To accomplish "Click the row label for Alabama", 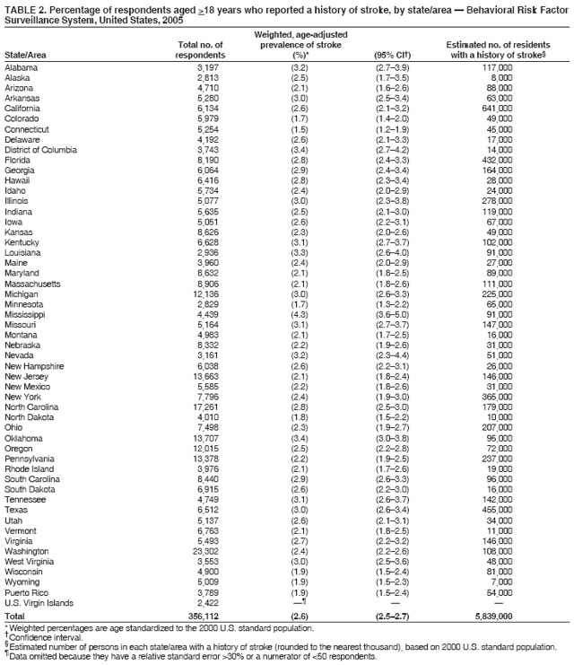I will (22, 68).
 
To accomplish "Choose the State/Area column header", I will (27, 55).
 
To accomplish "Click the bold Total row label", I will (15, 617).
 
